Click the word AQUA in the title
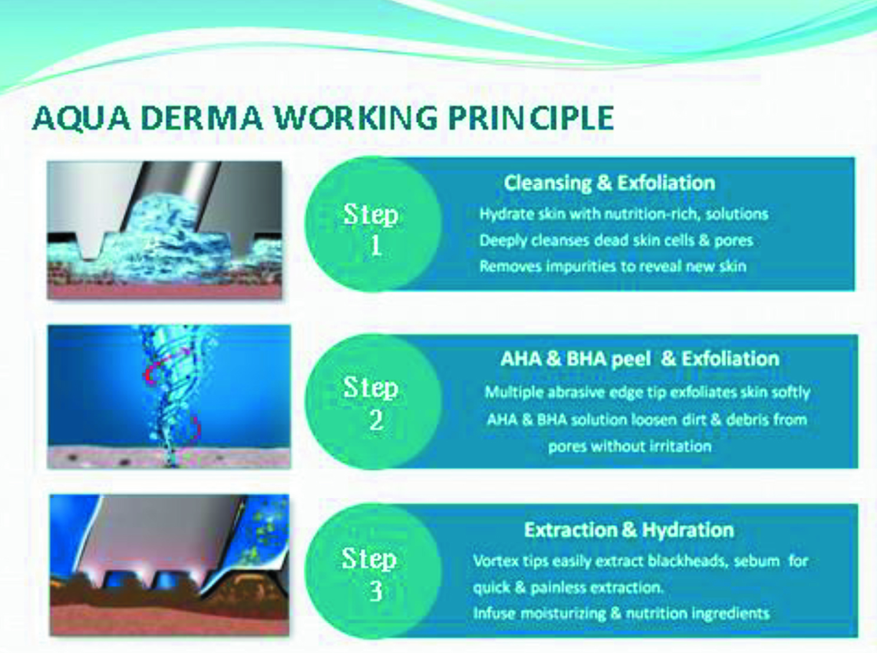pyautogui.click(x=81, y=117)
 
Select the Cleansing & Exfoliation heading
pyautogui.click(x=609, y=183)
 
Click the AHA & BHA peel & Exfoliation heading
pyautogui.click(x=639, y=359)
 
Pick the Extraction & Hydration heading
pyautogui.click(x=629, y=530)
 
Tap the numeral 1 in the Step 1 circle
pyautogui.click(x=375, y=246)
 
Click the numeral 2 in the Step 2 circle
pyautogui.click(x=376, y=420)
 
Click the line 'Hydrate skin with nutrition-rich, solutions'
pyautogui.click(x=624, y=215)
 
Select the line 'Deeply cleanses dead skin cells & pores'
pyautogui.click(x=616, y=240)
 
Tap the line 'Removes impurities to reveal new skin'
pyautogui.click(x=612, y=266)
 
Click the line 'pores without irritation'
pyautogui.click(x=629, y=447)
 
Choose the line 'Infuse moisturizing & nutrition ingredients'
pyautogui.click(x=621, y=614)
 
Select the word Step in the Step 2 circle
pyautogui.click(x=371, y=388)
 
